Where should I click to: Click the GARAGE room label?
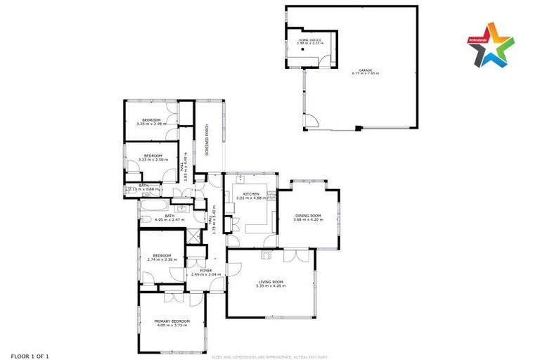(x=366, y=70)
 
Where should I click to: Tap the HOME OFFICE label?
(x=310, y=40)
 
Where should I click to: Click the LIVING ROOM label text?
(x=271, y=281)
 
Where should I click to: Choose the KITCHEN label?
(x=252, y=194)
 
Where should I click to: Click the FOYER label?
(x=206, y=270)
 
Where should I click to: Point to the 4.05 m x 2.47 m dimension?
(x=169, y=220)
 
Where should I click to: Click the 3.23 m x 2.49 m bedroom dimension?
(x=151, y=124)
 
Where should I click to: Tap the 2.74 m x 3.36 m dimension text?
(x=162, y=259)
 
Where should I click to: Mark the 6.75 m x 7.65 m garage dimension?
(x=366, y=74)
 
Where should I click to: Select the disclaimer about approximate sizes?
(x=270, y=356)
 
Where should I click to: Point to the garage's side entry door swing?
(x=308, y=122)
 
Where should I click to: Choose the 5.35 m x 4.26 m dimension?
(x=271, y=285)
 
